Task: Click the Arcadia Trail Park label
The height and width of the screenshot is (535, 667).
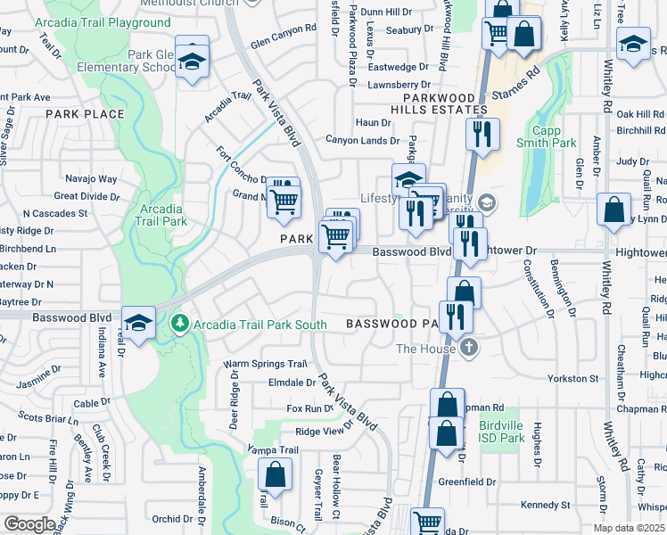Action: (162, 214)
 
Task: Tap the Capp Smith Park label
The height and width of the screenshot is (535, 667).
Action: (558, 134)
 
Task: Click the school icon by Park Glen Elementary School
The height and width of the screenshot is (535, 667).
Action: (191, 62)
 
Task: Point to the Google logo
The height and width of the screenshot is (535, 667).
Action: (29, 524)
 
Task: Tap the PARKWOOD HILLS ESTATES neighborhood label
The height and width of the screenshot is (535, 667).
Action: (445, 103)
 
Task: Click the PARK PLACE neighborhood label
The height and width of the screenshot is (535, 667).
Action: (85, 114)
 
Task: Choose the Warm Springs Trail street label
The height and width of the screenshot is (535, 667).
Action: (265, 364)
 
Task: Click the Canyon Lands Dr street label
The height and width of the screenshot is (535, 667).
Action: (362, 140)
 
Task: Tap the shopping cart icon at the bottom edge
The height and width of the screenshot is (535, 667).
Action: (428, 523)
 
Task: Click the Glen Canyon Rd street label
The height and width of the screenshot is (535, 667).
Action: (284, 41)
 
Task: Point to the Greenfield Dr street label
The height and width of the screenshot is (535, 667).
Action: (466, 481)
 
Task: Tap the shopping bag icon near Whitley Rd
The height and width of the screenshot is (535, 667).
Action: (613, 211)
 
